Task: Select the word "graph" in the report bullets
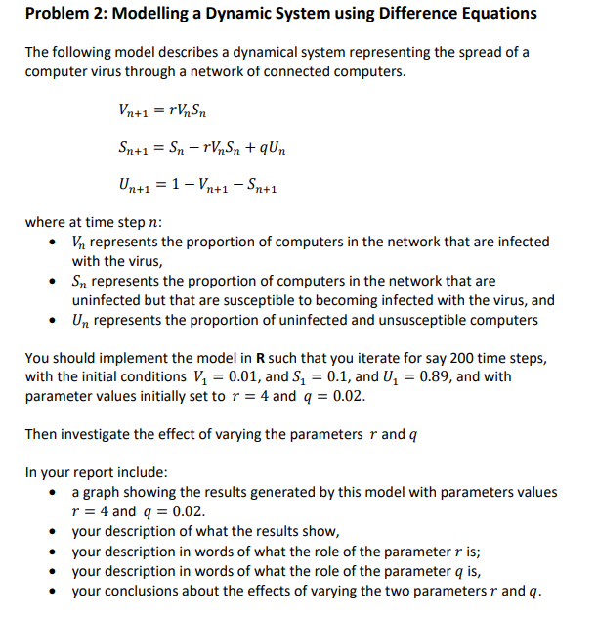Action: pyautogui.click(x=103, y=492)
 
